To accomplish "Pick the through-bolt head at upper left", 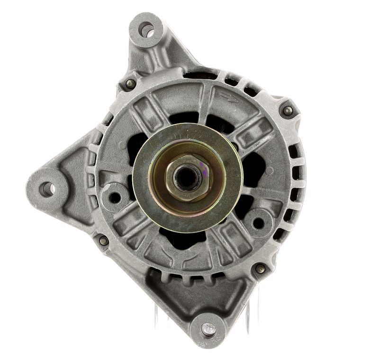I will point(129,84).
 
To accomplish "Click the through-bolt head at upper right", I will point(287,111).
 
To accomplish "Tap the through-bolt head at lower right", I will point(260,269).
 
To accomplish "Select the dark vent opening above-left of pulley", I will point(142,138).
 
